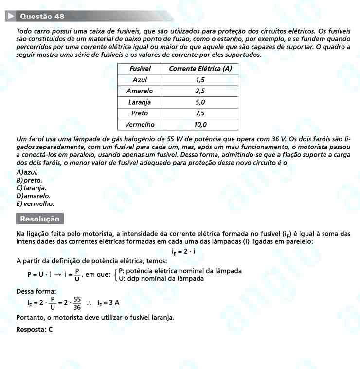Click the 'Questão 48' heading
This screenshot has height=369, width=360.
pyautogui.click(x=42, y=16)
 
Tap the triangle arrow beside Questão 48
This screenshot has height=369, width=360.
pyautogui.click(x=11, y=16)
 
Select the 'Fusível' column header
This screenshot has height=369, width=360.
pyautogui.click(x=140, y=68)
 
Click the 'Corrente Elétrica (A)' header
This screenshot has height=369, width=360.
pyautogui.click(x=200, y=68)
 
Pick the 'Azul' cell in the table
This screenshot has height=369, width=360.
pyautogui.click(x=140, y=79)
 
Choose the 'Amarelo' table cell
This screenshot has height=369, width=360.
pyautogui.click(x=140, y=91)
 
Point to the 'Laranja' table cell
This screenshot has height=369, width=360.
pyautogui.click(x=140, y=102)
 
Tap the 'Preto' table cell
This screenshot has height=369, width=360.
pyautogui.click(x=140, y=113)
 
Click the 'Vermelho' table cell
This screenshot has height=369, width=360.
pyautogui.click(x=140, y=125)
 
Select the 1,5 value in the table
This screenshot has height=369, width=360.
pyautogui.click(x=200, y=79)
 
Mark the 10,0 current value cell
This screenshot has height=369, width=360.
pyautogui.click(x=200, y=125)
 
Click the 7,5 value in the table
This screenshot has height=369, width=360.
pyautogui.click(x=200, y=113)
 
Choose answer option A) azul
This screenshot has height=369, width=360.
pyautogui.click(x=27, y=172)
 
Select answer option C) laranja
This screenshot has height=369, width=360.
pyautogui.click(x=31, y=188)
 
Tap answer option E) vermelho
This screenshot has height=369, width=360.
pyautogui.click(x=35, y=204)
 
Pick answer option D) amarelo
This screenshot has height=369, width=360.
pyautogui.click(x=33, y=196)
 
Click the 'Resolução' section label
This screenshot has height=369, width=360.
pyautogui.click(x=40, y=219)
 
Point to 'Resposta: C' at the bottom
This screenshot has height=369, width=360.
pyautogui.click(x=34, y=329)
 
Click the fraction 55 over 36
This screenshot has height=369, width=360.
pyautogui.click(x=77, y=303)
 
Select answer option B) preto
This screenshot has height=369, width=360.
pyautogui.click(x=29, y=180)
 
